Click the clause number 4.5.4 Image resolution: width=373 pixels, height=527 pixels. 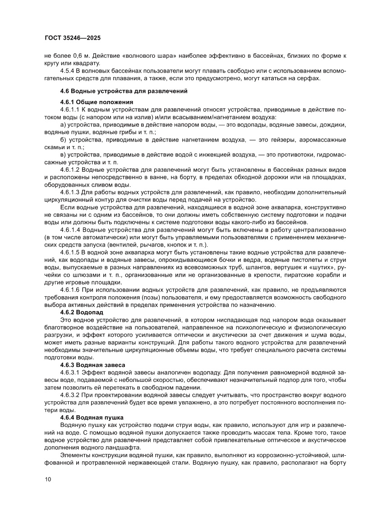[x=69, y=71]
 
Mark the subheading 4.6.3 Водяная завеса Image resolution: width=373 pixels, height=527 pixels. [x=92, y=364]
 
